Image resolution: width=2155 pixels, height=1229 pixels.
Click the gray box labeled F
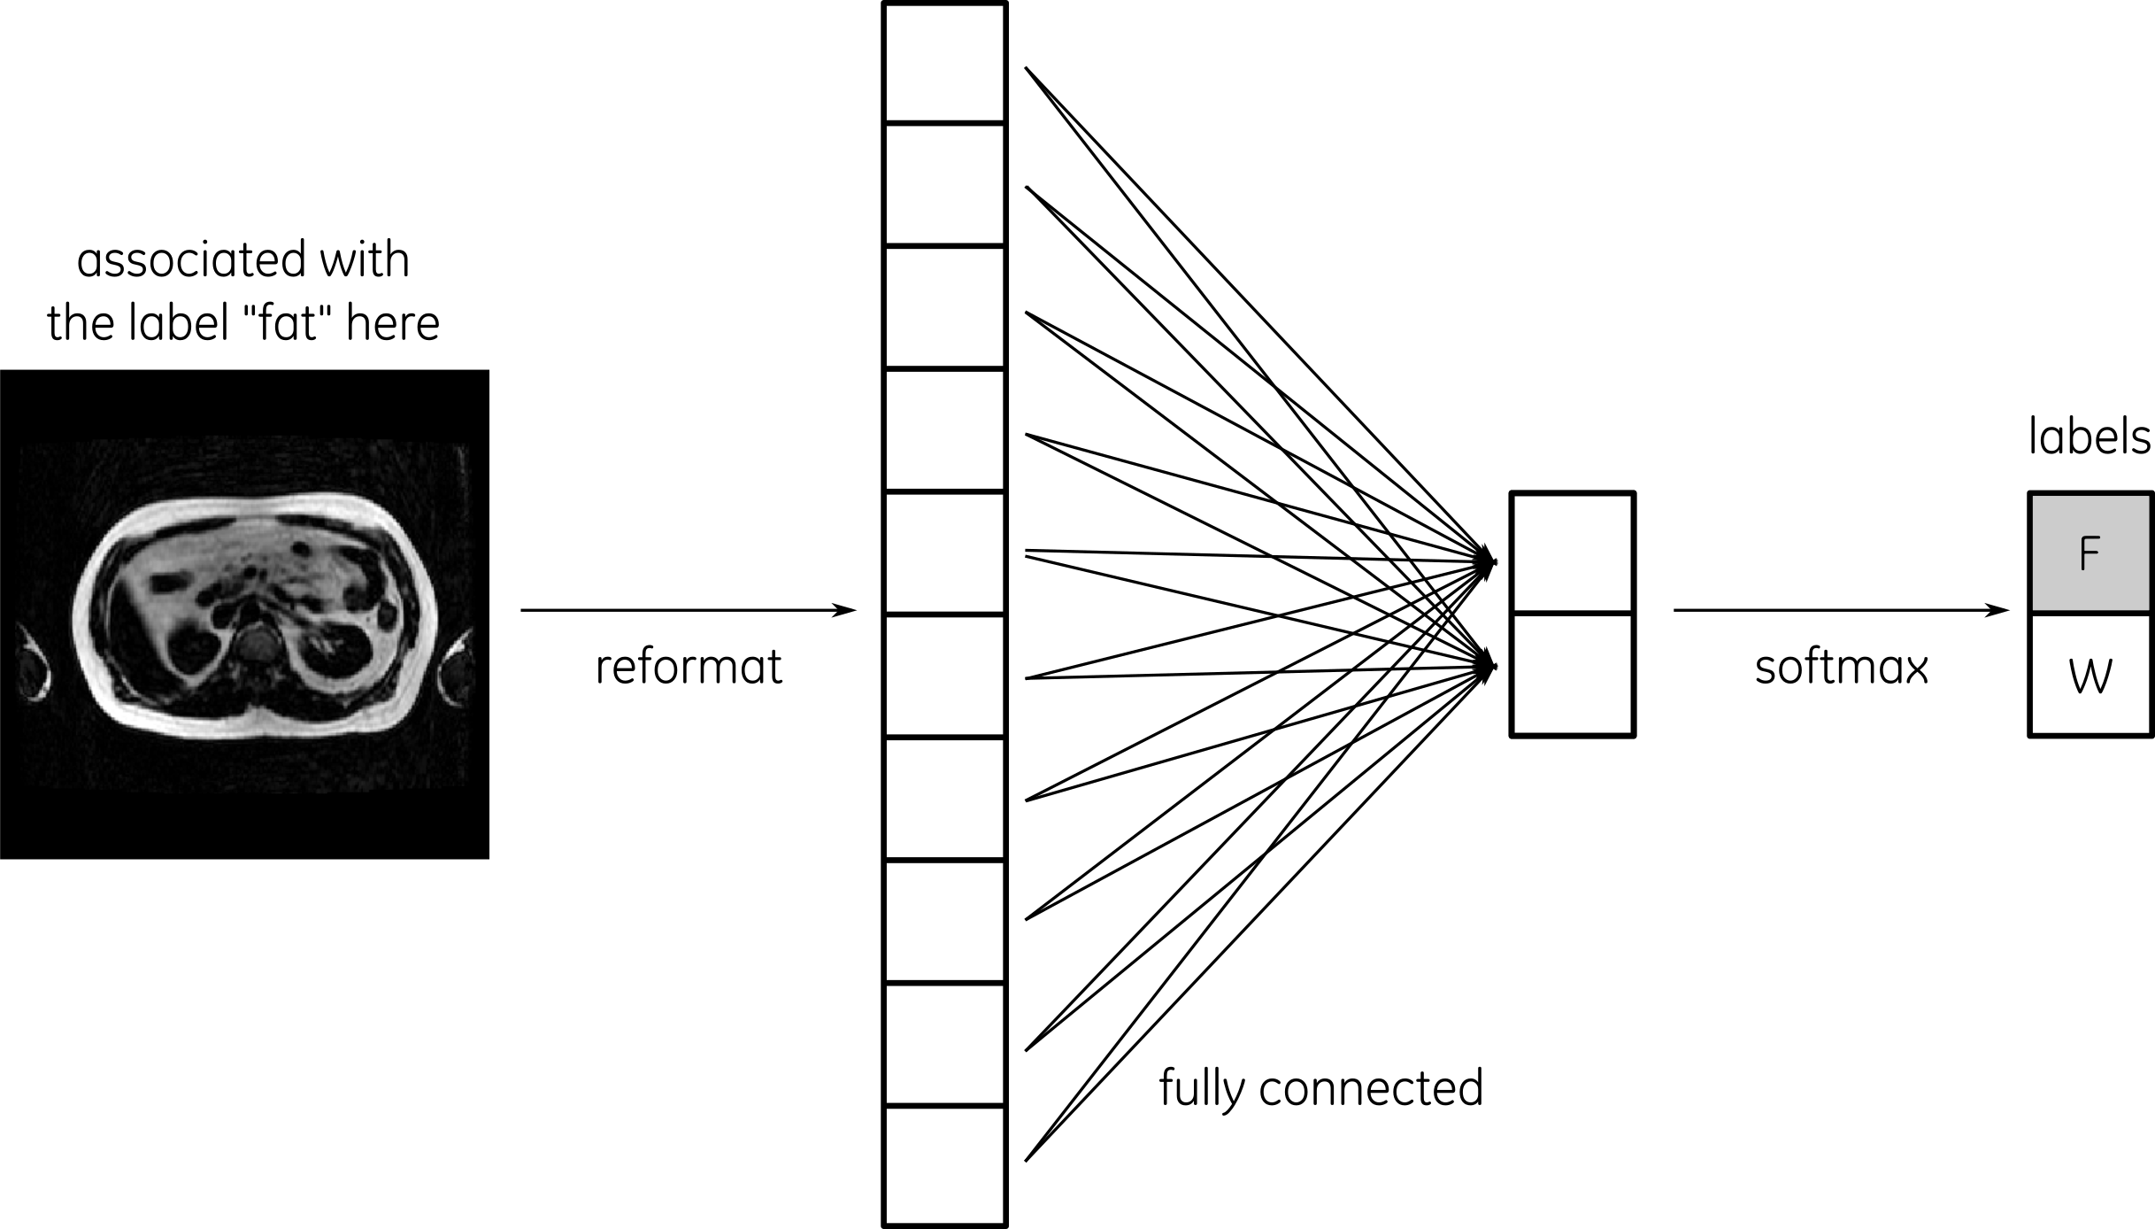(x=2090, y=553)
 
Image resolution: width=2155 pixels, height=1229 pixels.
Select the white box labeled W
(x=2090, y=675)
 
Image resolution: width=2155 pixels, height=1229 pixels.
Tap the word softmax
(x=1841, y=668)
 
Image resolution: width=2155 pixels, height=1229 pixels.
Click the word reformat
(x=689, y=668)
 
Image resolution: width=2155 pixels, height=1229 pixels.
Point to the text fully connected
(x=1320, y=1088)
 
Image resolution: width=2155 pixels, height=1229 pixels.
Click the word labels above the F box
(x=2089, y=437)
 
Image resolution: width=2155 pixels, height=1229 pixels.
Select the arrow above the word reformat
(x=688, y=610)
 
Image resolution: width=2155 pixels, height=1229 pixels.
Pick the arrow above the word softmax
(x=1841, y=610)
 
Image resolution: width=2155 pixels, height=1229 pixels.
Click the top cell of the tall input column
(x=945, y=63)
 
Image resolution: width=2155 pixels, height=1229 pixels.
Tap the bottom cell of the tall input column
(x=945, y=1165)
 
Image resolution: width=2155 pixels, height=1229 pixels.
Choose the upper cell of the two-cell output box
(x=1572, y=553)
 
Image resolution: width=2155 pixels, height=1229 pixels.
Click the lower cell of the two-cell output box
(x=1572, y=675)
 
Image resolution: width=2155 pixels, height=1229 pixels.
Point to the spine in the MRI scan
(x=258, y=643)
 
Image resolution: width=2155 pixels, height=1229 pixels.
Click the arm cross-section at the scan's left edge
(x=34, y=662)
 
